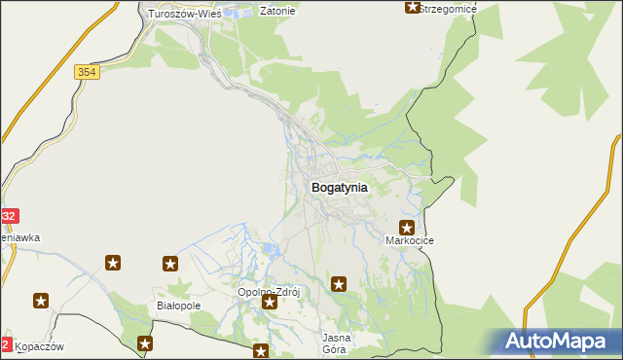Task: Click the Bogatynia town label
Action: (x=339, y=187)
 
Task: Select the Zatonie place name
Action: (x=277, y=13)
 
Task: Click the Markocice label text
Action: (x=410, y=240)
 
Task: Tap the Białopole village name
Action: (x=178, y=305)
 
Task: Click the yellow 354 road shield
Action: (x=86, y=72)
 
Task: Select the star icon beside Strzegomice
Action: (x=412, y=8)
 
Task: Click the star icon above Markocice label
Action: (x=407, y=227)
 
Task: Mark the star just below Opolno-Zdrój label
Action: (x=270, y=304)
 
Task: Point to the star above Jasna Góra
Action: (x=339, y=284)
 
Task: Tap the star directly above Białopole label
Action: (x=170, y=264)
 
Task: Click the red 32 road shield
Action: (x=8, y=216)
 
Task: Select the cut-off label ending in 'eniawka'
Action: (x=19, y=236)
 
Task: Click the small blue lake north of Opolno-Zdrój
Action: (x=271, y=251)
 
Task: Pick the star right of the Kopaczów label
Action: (x=145, y=343)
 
